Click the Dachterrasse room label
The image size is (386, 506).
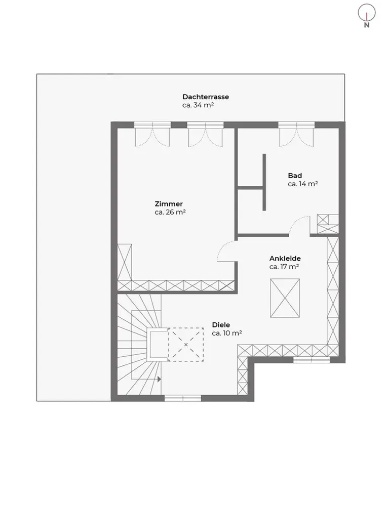tap(206, 97)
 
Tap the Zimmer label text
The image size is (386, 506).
tap(169, 204)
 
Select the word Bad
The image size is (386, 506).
tap(295, 176)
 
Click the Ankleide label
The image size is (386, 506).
tap(285, 259)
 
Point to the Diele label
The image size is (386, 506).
tap(221, 325)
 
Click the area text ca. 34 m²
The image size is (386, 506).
tap(198, 105)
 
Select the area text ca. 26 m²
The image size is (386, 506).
tap(170, 213)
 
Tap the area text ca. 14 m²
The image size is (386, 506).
tap(302, 184)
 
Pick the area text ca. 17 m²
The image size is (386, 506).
tap(284, 267)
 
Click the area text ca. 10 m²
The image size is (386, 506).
tap(227, 333)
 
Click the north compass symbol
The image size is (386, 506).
tap(367, 13)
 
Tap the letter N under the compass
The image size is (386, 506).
tap(367, 25)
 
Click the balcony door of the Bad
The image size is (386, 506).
tap(296, 134)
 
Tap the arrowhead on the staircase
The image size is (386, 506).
tap(159, 379)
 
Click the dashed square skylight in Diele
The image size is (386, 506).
tap(186, 345)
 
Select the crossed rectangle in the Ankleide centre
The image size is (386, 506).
tap(285, 298)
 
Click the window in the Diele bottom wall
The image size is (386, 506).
tap(183, 399)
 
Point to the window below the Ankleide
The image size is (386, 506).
tap(312, 360)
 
